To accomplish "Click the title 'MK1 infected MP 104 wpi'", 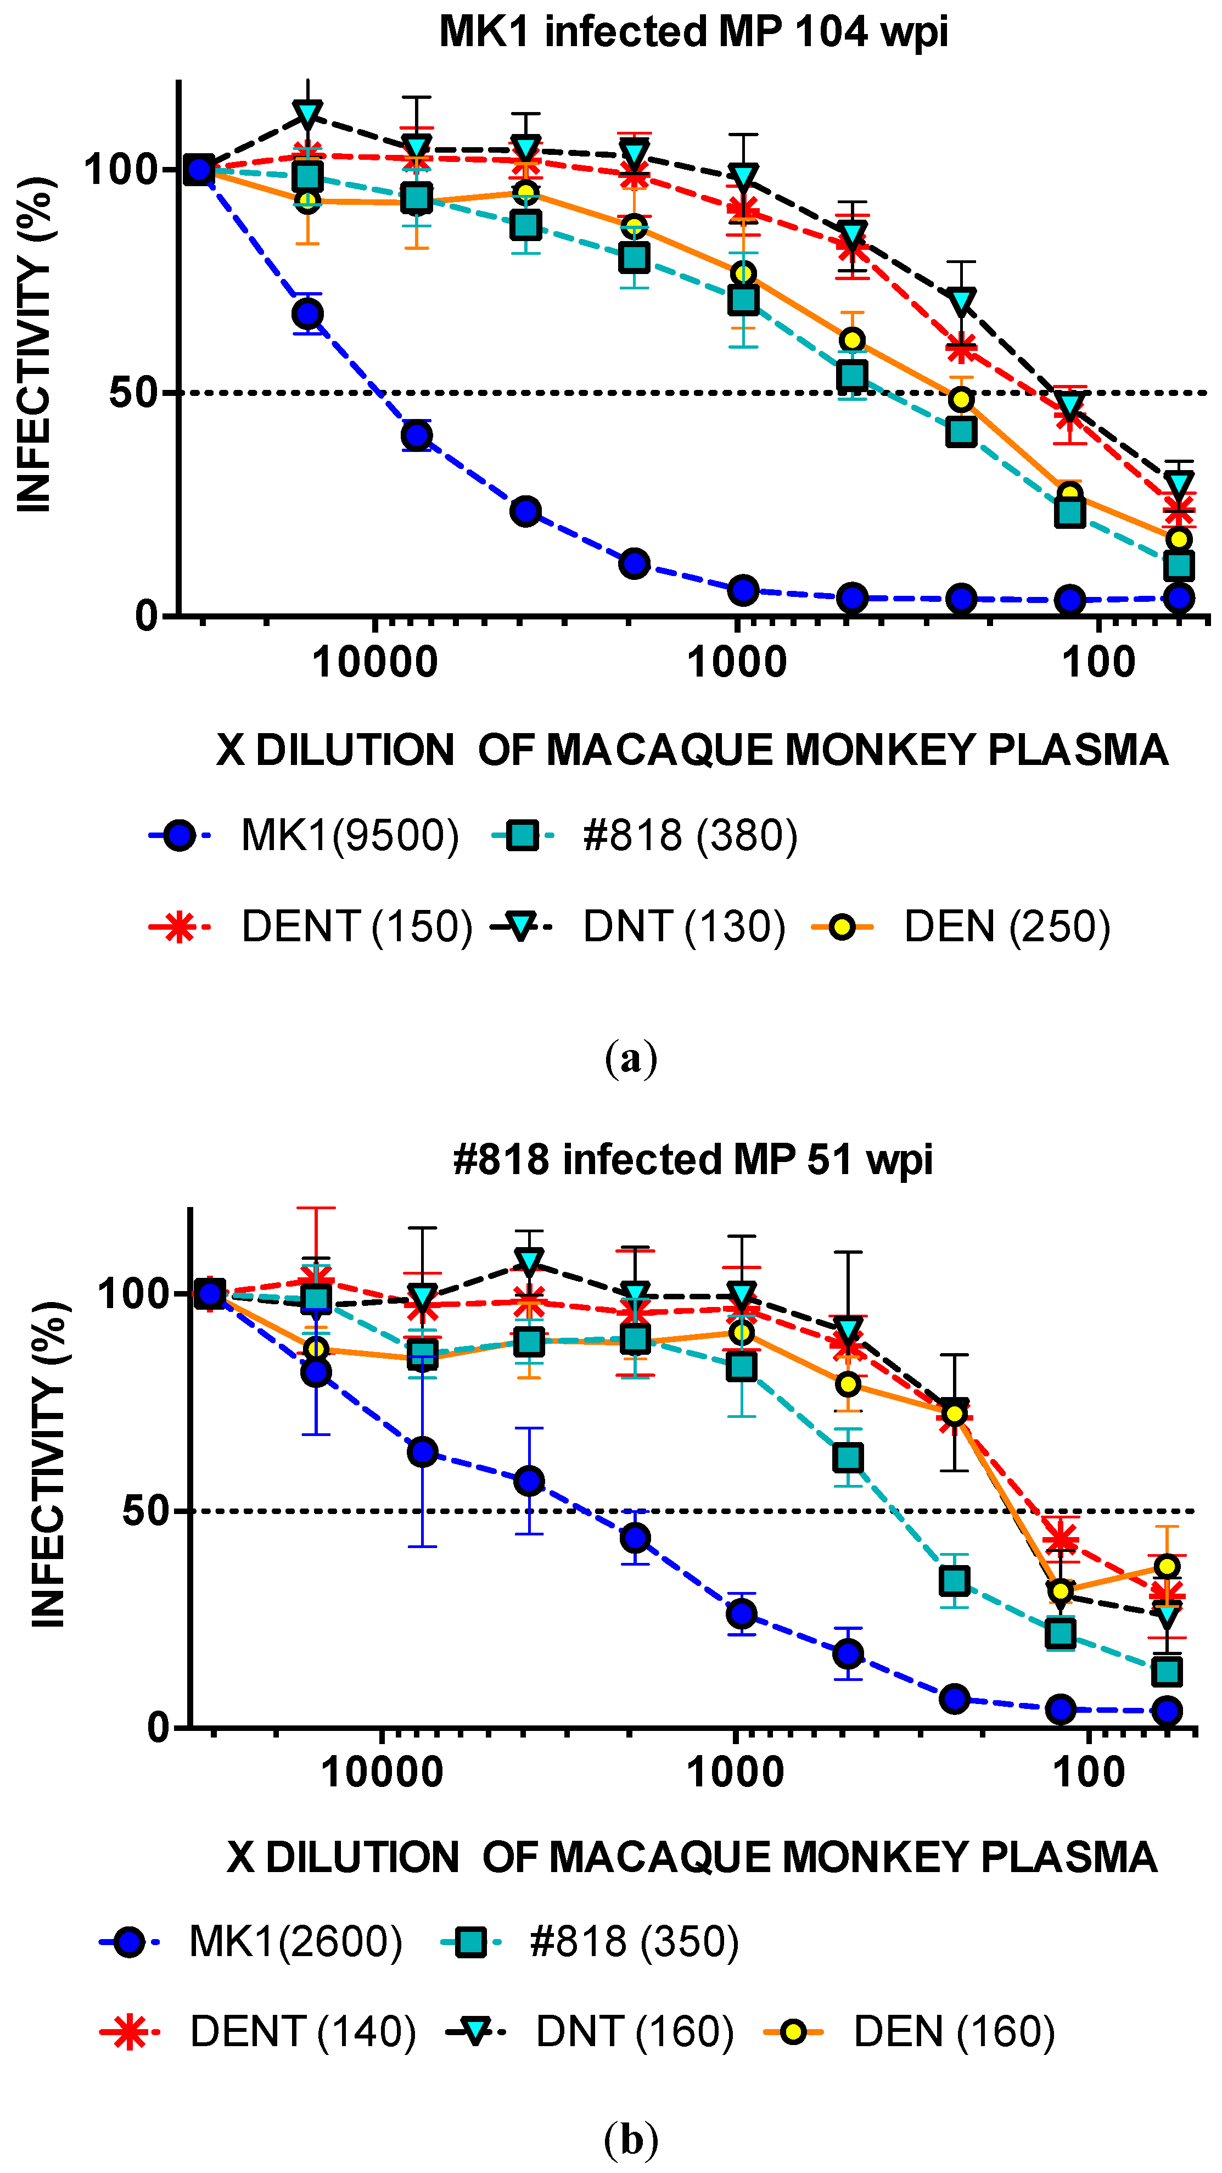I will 693,32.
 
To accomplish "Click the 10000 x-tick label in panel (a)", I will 374,663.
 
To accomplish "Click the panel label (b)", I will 631,2140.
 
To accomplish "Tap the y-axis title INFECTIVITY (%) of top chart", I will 36,344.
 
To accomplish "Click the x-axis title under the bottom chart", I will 692,1857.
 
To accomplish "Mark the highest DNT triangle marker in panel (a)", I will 308,114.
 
